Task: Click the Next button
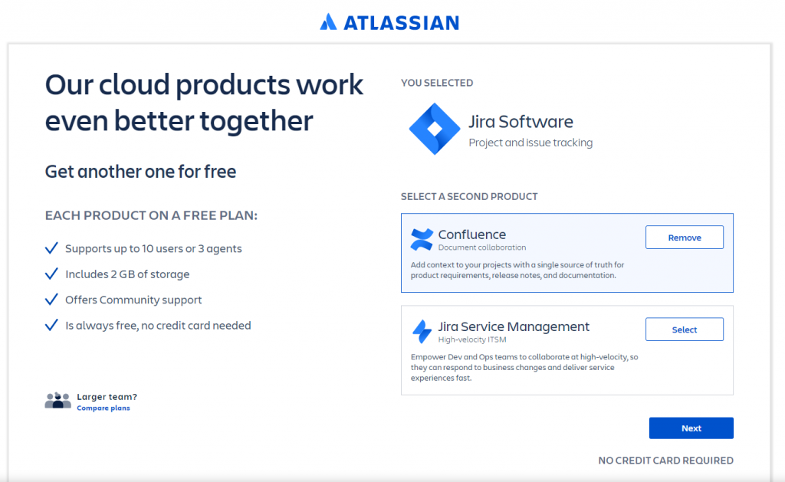(x=691, y=428)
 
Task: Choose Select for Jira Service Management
(x=685, y=330)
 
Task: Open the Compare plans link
(x=103, y=408)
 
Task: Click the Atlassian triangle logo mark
(x=328, y=22)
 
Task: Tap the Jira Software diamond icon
(x=435, y=129)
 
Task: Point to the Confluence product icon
(x=422, y=239)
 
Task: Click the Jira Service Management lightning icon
(x=422, y=331)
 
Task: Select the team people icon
(x=58, y=401)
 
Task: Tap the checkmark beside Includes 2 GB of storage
(x=51, y=274)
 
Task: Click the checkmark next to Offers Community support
(x=51, y=300)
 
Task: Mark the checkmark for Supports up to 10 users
(x=51, y=248)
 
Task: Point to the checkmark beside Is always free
(x=51, y=326)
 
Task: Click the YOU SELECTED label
(x=436, y=83)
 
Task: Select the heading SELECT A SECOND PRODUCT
(x=469, y=197)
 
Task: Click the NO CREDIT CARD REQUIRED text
(x=666, y=461)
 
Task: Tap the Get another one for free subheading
(x=141, y=172)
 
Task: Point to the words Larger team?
(x=107, y=397)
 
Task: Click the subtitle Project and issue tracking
(x=530, y=143)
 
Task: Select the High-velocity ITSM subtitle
(x=472, y=339)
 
